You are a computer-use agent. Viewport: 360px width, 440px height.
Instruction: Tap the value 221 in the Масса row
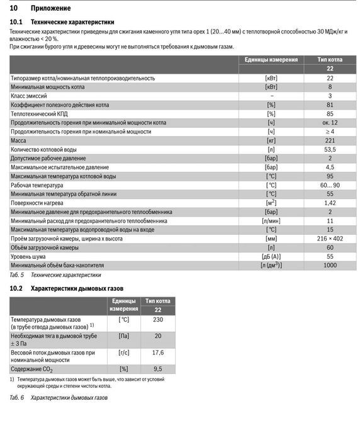click(x=330, y=141)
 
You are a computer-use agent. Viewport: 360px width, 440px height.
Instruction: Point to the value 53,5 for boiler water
click(x=330, y=150)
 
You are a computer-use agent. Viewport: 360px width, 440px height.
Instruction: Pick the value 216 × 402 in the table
click(x=330, y=239)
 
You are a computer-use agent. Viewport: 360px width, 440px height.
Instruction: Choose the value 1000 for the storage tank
click(x=330, y=266)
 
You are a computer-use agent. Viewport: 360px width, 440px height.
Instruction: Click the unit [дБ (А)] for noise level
click(x=271, y=257)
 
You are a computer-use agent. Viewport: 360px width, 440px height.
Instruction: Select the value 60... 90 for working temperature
click(x=330, y=186)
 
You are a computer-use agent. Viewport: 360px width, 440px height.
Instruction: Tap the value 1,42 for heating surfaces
click(x=330, y=203)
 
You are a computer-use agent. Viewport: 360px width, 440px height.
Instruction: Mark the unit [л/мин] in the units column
click(x=271, y=222)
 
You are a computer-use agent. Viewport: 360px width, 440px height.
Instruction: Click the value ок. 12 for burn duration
click(x=330, y=123)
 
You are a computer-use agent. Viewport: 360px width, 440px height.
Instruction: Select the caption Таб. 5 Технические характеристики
click(x=55, y=276)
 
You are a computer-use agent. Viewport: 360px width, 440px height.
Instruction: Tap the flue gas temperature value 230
click(x=157, y=320)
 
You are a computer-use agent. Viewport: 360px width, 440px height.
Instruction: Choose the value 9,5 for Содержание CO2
click(x=157, y=369)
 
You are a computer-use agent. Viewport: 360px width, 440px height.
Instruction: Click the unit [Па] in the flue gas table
click(x=124, y=336)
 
